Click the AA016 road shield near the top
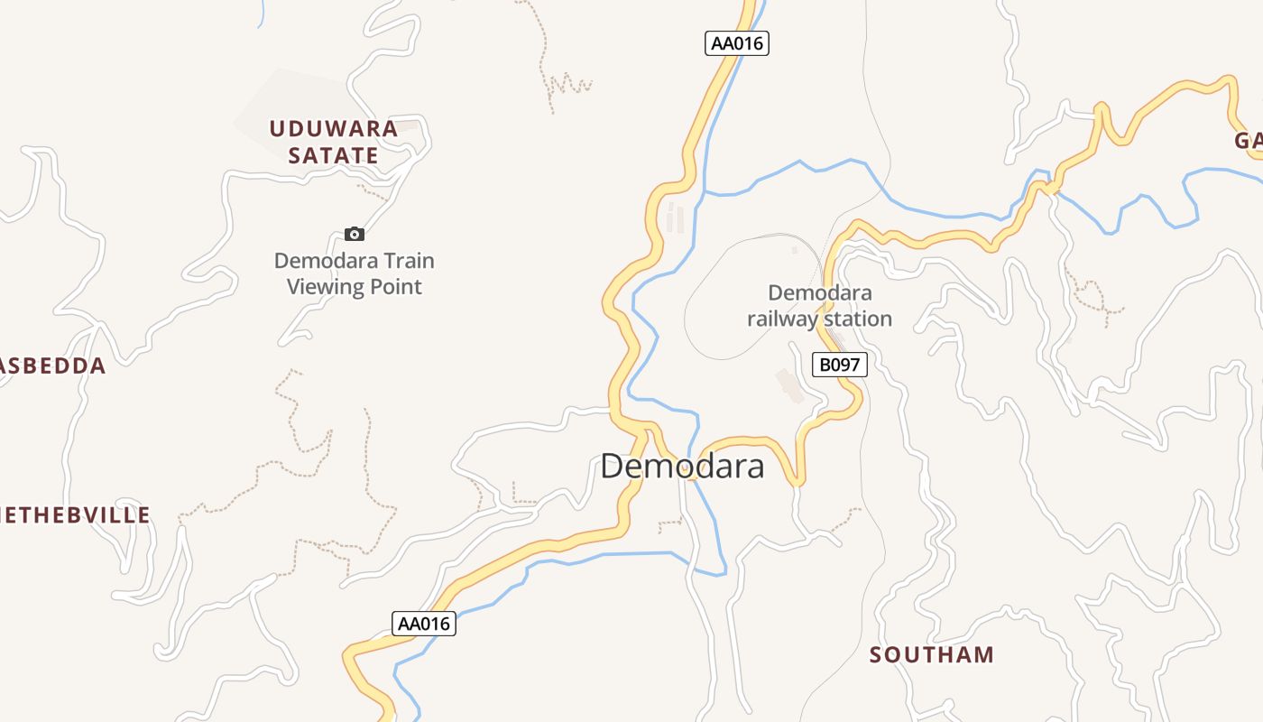coord(737,43)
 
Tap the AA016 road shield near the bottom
coord(424,624)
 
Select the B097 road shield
coord(840,365)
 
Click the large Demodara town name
coord(682,467)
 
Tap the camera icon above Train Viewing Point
coord(355,235)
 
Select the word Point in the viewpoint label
coord(393,287)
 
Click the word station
coord(858,319)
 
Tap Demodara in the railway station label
coord(820,292)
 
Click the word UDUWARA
coord(334,129)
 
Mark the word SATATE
coord(334,155)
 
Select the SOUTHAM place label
coord(932,655)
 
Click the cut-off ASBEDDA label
coord(52,366)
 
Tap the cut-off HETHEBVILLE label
coord(74,515)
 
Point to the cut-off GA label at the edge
coord(1248,141)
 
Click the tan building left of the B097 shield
coord(791,385)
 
